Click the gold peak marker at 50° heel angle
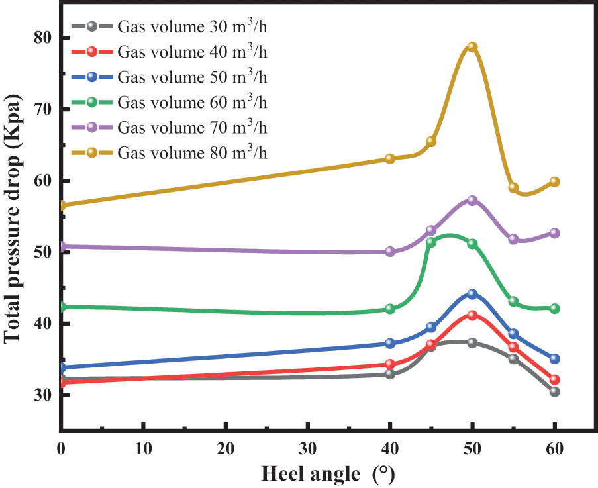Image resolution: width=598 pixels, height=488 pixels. click(x=472, y=47)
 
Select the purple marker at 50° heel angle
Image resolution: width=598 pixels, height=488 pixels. click(x=472, y=200)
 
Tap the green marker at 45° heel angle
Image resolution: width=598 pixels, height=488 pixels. click(x=431, y=242)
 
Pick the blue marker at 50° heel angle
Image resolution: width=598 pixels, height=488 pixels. click(x=472, y=294)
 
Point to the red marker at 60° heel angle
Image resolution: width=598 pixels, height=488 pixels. click(x=554, y=380)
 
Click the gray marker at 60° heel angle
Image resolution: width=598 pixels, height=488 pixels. click(x=554, y=392)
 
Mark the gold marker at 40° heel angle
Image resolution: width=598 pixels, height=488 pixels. click(x=390, y=158)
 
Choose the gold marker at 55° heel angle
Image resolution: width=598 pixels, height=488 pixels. click(x=513, y=187)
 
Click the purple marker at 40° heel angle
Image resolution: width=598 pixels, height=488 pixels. click(x=390, y=252)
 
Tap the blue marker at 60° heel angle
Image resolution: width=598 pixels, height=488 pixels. click(x=554, y=359)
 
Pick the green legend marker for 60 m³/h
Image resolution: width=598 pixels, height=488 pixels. click(x=92, y=102)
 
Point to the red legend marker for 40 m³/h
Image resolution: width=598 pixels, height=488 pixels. click(x=92, y=52)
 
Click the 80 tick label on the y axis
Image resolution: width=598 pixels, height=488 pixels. click(x=43, y=38)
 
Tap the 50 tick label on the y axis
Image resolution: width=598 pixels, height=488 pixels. click(x=43, y=252)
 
